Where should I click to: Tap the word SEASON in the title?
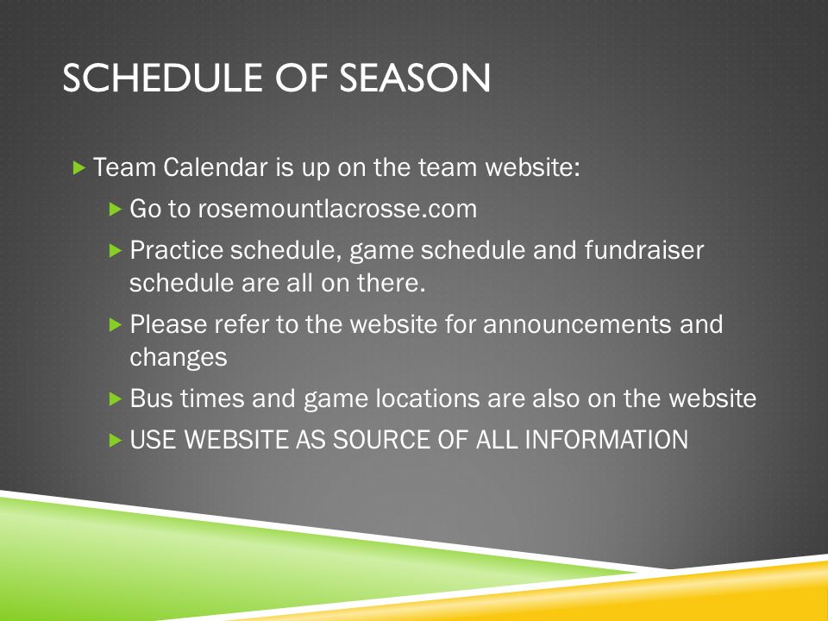415,78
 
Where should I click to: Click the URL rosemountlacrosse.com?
337,209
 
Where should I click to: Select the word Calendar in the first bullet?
216,167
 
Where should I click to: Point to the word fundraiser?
644,250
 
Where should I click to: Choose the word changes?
179,357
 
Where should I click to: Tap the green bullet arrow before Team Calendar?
79,168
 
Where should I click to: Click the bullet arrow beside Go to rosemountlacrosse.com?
116,209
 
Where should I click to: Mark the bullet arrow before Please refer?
116,324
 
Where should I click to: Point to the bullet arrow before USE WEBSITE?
116,440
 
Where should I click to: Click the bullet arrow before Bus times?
116,398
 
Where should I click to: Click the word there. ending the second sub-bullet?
392,283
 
